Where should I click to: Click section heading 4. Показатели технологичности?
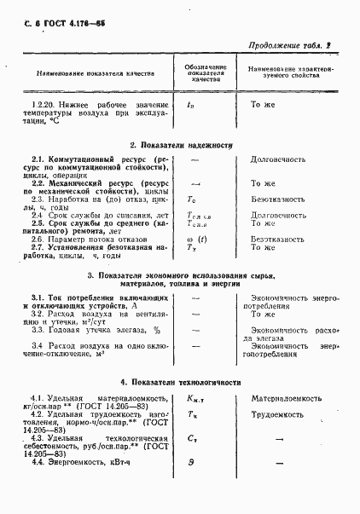pos(180,382)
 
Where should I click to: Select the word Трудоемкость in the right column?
pos(276,414)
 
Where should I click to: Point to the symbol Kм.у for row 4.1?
pos(195,399)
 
